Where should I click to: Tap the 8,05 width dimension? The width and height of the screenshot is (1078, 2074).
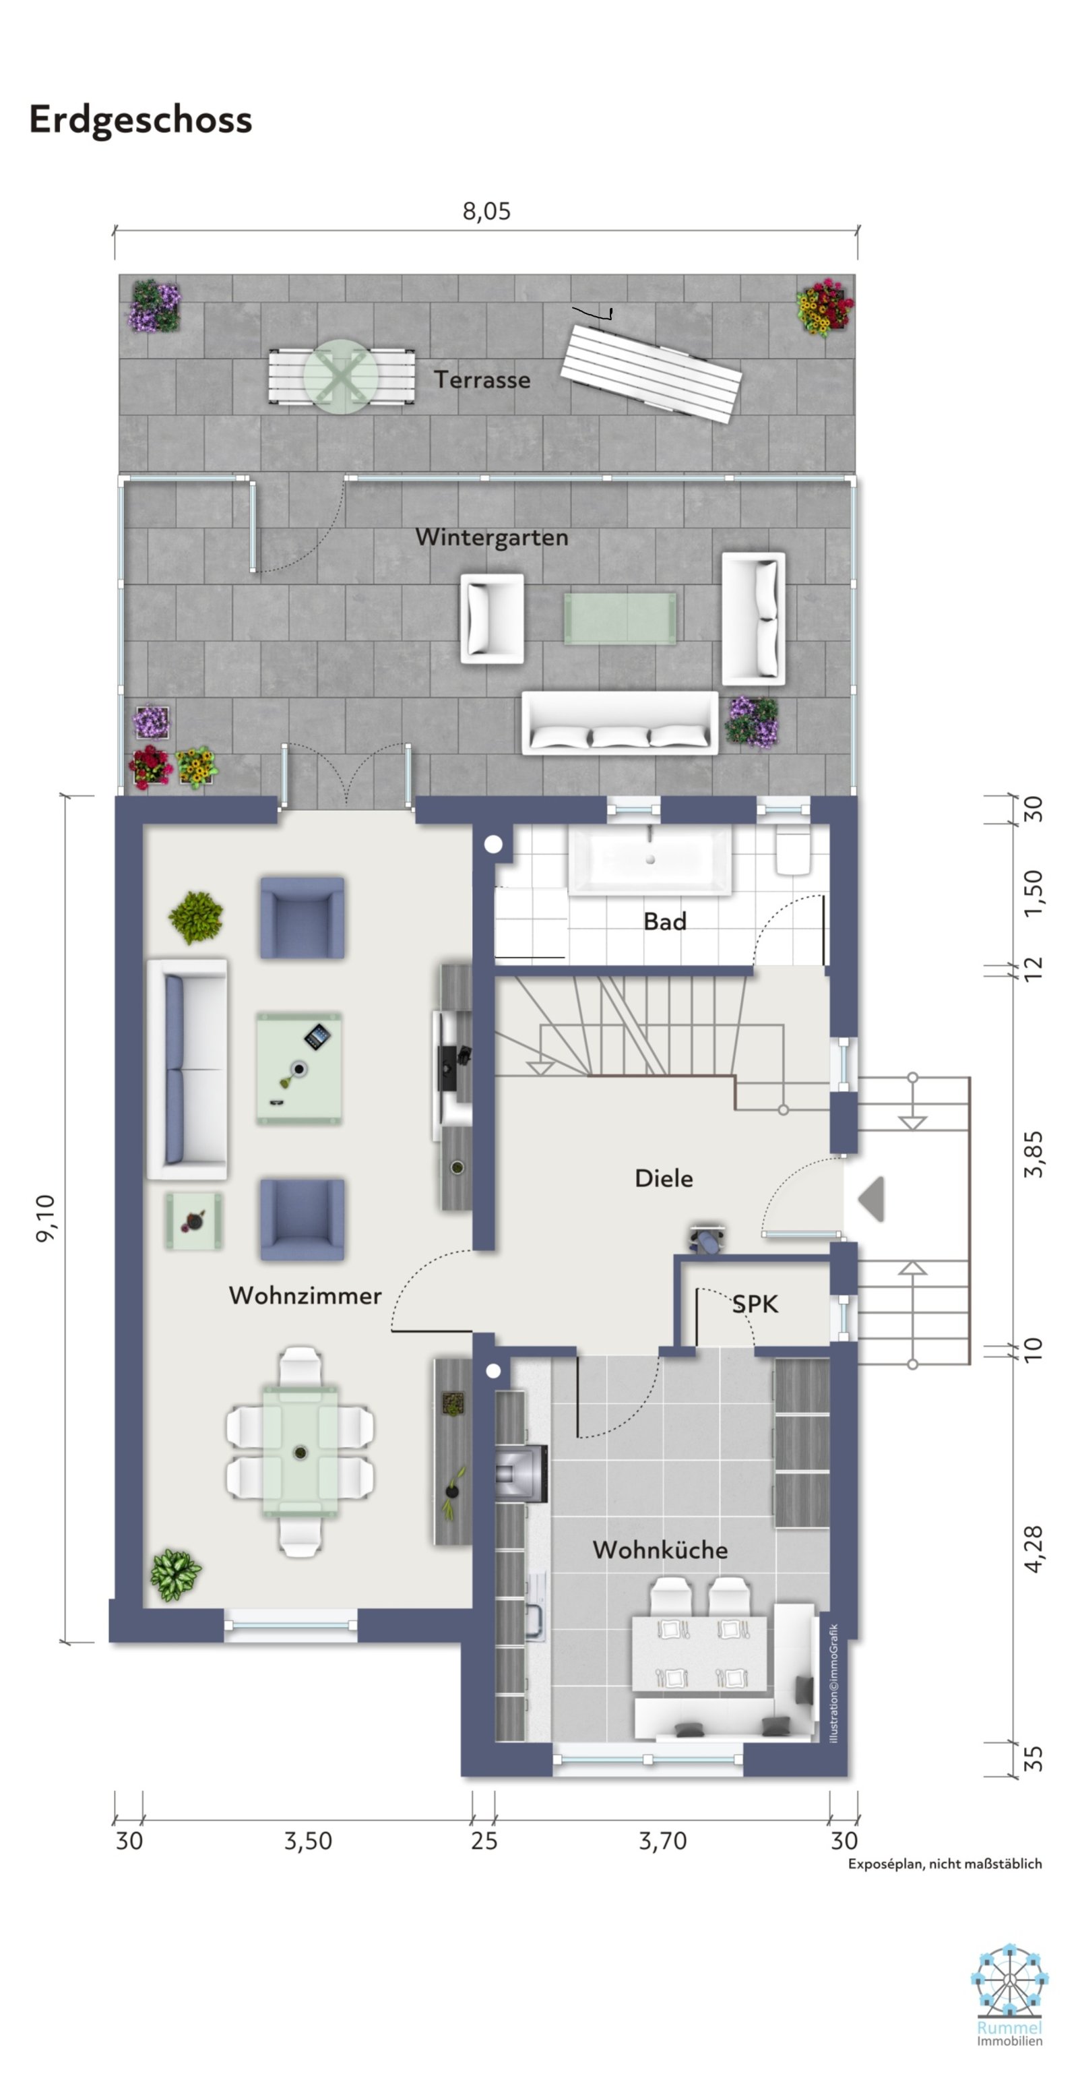click(486, 212)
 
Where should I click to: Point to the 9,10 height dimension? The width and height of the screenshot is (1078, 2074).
click(46, 1218)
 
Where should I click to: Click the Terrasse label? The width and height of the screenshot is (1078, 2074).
click(482, 380)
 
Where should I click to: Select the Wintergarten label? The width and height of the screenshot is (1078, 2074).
click(492, 538)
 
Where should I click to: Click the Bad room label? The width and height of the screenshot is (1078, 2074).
click(665, 922)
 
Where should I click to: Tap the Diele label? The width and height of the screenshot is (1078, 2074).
click(664, 1179)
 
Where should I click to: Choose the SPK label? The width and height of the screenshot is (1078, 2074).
click(755, 1304)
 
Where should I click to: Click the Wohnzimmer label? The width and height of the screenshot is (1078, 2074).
click(305, 1295)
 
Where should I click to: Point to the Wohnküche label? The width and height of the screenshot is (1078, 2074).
click(660, 1550)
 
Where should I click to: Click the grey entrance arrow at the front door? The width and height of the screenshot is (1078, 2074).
click(872, 1199)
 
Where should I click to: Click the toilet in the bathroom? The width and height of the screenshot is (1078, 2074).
click(793, 851)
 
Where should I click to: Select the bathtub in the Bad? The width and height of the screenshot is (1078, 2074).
click(649, 861)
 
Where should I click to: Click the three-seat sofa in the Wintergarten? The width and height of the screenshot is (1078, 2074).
click(620, 723)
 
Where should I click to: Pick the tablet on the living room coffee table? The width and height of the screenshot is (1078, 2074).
click(317, 1036)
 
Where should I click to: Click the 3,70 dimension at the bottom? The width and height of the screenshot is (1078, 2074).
click(662, 1841)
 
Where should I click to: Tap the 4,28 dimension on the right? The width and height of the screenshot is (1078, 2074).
click(1034, 1548)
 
